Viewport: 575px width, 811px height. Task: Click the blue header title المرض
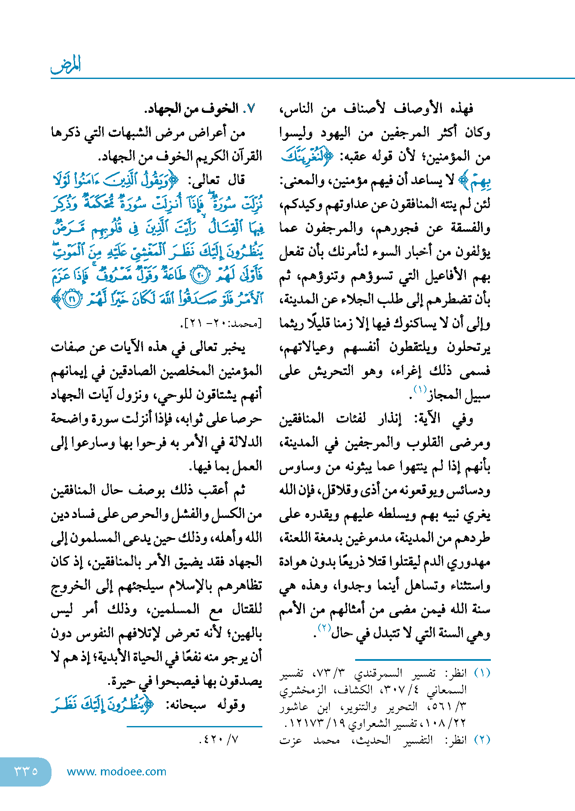(x=66, y=65)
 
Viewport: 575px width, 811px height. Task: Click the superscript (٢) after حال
(x=324, y=628)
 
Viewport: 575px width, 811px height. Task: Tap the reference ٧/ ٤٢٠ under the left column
(x=219, y=739)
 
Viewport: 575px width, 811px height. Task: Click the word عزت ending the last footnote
(x=291, y=740)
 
